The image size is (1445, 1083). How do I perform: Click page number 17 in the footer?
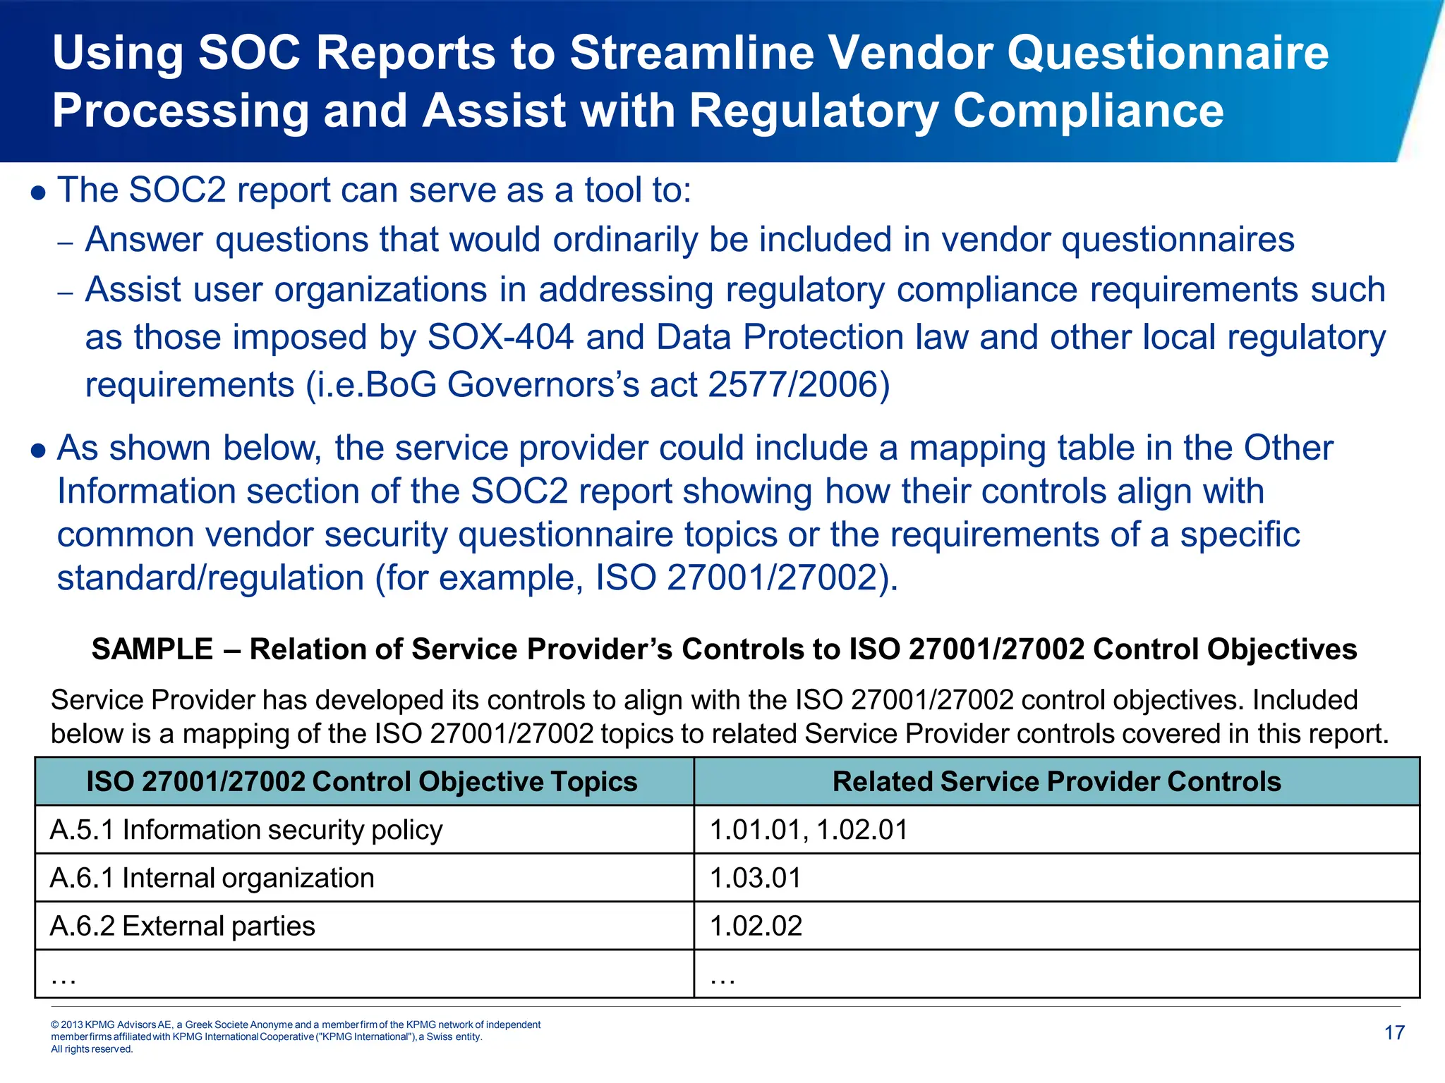tap(1394, 1033)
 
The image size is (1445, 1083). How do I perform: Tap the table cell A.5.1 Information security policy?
tap(246, 830)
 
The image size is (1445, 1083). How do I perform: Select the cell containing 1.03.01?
tap(756, 878)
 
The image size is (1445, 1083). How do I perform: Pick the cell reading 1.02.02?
tap(756, 926)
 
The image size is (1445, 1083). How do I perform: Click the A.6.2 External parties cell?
tap(183, 926)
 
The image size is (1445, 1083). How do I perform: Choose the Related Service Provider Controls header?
tap(1056, 781)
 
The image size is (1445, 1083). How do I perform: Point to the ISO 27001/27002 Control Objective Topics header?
tap(362, 781)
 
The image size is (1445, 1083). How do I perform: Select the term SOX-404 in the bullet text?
tap(500, 337)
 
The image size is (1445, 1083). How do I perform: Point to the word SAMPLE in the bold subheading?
tap(152, 649)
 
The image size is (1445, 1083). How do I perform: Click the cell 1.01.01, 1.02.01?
tap(809, 830)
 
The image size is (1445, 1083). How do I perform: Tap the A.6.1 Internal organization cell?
tap(212, 878)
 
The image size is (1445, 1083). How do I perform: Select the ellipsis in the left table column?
tap(64, 977)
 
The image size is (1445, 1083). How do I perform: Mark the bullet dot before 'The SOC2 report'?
tap(40, 192)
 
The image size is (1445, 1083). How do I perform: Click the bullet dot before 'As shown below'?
tap(40, 451)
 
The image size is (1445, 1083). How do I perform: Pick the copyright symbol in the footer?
tap(55, 1024)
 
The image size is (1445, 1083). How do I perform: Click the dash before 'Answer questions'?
tap(65, 243)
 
